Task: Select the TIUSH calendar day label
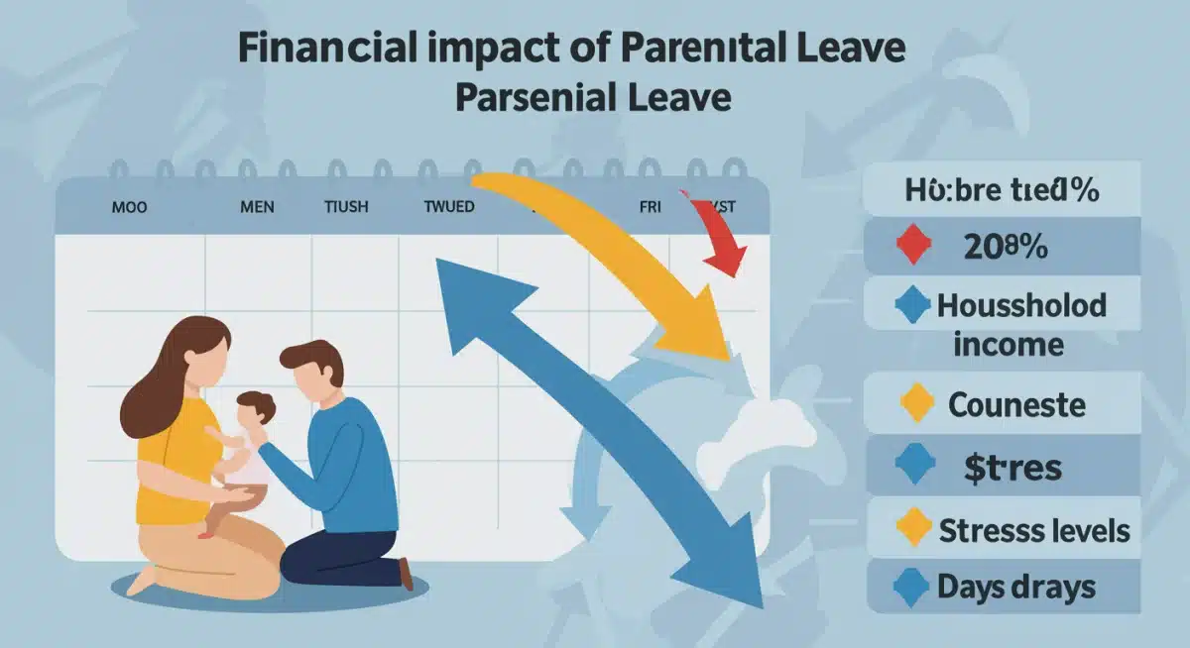(346, 208)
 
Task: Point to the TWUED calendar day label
(448, 208)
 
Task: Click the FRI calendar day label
(650, 208)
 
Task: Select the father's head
(308, 367)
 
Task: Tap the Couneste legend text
(1016, 404)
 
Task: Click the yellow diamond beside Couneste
(915, 404)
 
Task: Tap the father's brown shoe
(405, 573)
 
